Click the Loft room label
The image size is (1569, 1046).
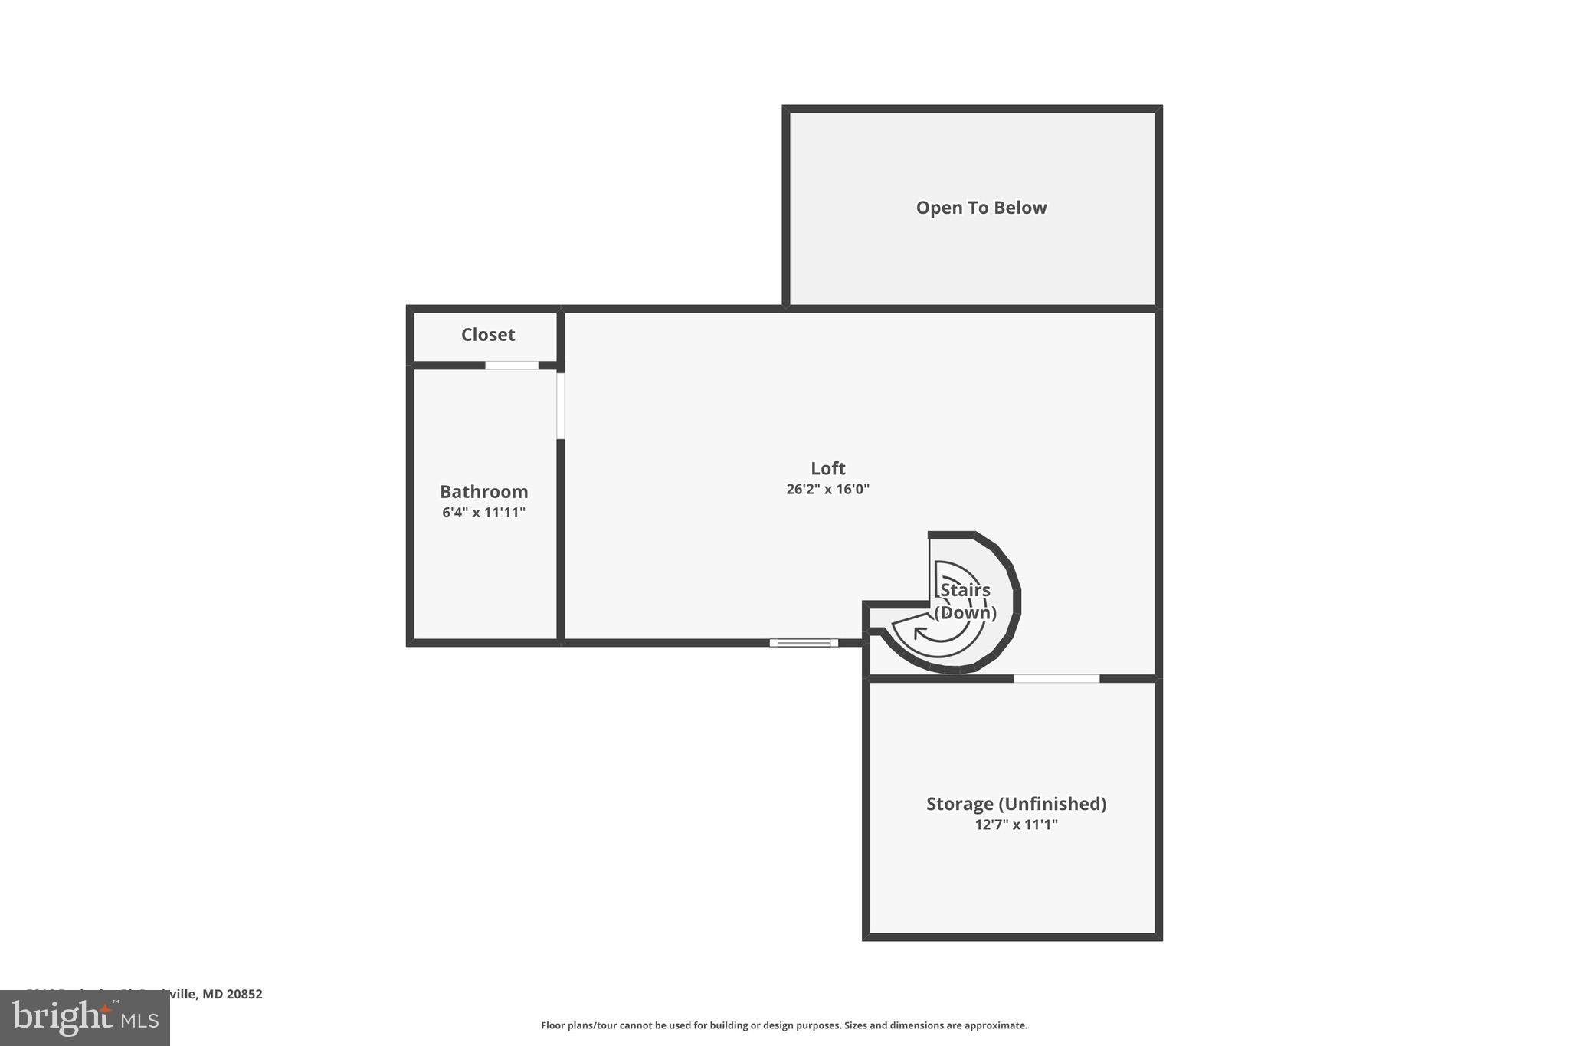[x=827, y=468]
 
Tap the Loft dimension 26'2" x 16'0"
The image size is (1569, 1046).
[x=827, y=489]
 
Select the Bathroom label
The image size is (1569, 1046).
[x=483, y=492]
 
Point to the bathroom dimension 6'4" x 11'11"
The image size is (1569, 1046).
[x=483, y=513]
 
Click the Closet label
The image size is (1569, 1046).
[x=488, y=335]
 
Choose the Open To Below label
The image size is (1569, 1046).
[x=981, y=208]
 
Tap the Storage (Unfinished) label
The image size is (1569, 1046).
[x=1016, y=804]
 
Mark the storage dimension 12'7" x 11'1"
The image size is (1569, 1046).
[x=1016, y=825]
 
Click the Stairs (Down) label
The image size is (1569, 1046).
[x=965, y=602]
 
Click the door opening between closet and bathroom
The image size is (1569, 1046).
[x=512, y=366]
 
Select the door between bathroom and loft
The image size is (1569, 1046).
[x=561, y=405]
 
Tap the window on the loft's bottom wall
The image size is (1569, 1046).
[x=804, y=643]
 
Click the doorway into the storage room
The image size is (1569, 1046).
[x=1056, y=678]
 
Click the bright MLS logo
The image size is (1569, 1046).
[x=85, y=1018]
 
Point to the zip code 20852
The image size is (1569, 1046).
[x=244, y=994]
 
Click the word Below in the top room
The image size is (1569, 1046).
[x=1022, y=208]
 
